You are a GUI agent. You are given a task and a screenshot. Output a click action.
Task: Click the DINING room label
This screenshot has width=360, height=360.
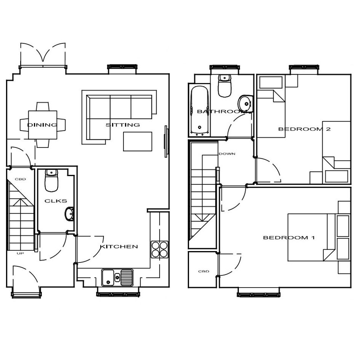click(x=42, y=125)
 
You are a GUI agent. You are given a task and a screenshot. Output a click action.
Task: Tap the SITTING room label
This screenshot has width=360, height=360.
click(x=123, y=125)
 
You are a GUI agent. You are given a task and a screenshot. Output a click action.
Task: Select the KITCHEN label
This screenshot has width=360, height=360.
click(x=119, y=246)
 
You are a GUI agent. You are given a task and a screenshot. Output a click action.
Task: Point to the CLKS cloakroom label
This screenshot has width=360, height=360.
click(x=56, y=201)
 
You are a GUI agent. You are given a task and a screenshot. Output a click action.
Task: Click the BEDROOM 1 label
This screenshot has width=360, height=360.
click(x=289, y=238)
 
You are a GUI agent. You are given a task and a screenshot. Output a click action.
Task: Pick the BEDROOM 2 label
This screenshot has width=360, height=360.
click(x=304, y=129)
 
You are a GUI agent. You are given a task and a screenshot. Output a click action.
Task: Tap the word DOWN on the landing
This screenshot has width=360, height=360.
click(x=227, y=154)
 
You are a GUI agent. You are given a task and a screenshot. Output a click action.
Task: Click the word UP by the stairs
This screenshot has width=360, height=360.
click(x=20, y=253)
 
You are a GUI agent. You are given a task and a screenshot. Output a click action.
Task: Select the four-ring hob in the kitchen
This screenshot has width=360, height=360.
click(x=160, y=250)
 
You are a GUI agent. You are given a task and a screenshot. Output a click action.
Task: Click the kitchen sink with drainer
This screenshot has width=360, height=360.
click(x=117, y=278)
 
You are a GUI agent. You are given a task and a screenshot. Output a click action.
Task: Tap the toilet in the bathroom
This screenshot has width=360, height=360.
click(x=224, y=86)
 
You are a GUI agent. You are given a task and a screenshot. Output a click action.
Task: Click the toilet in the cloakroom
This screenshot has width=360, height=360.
click(x=51, y=181)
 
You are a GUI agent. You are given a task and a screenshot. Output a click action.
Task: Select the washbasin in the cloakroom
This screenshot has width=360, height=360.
click(x=69, y=214)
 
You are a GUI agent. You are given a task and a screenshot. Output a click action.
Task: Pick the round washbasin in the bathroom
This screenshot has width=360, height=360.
click(x=245, y=104)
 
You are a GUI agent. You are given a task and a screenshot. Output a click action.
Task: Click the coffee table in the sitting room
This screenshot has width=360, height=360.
click(x=138, y=141)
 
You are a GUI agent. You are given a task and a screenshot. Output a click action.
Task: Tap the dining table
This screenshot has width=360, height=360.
click(x=43, y=125)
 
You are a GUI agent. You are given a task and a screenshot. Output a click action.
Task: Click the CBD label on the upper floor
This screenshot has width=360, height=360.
click(x=204, y=271)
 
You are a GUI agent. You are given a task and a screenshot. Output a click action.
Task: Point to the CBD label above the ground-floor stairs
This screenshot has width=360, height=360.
click(x=20, y=179)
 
